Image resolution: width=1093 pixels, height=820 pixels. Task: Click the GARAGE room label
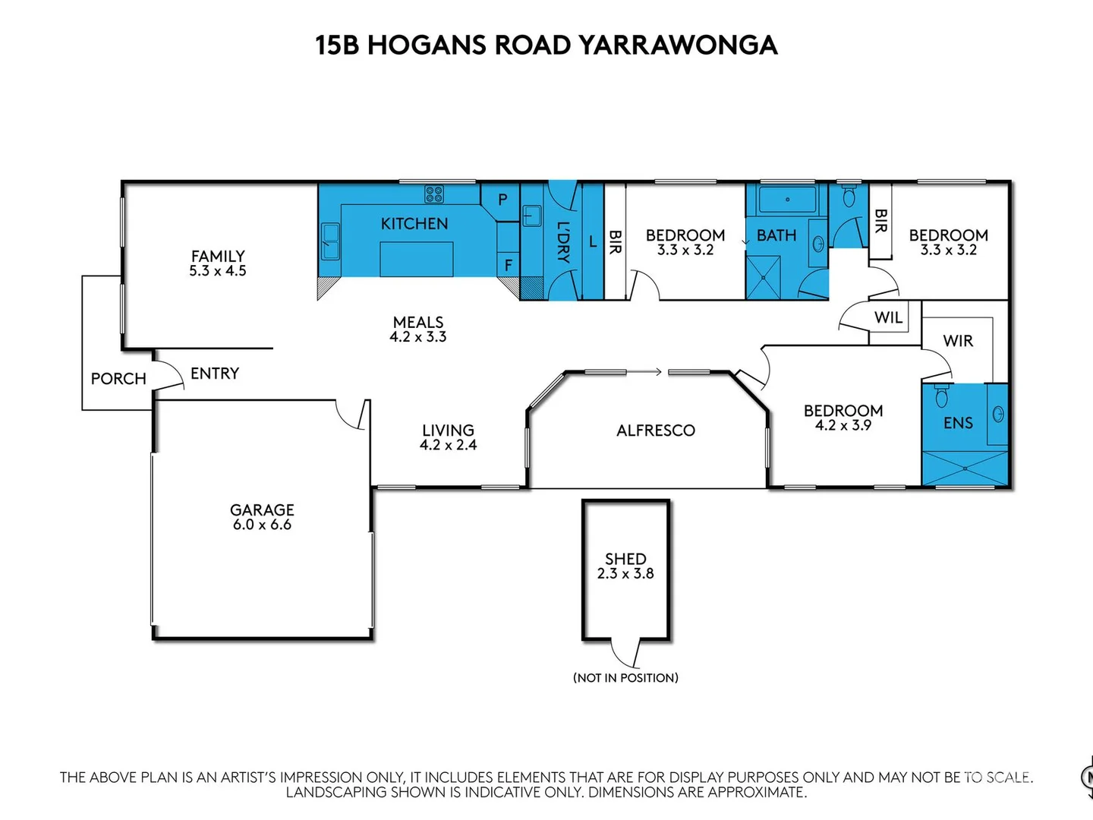pyautogui.click(x=262, y=510)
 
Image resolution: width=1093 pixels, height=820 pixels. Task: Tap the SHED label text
pyautogui.click(x=625, y=559)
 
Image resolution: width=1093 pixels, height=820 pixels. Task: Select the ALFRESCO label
pyautogui.click(x=656, y=430)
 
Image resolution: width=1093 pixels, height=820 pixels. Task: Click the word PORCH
pyautogui.click(x=118, y=379)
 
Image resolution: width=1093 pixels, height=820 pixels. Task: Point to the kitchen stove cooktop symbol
pyautogui.click(x=433, y=194)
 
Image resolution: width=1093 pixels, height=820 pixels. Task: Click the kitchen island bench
pyautogui.click(x=416, y=259)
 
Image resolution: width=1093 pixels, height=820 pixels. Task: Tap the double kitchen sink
pyautogui.click(x=330, y=241)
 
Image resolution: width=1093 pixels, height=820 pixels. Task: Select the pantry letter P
pyautogui.click(x=502, y=200)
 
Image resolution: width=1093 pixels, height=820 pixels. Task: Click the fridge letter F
pyautogui.click(x=509, y=265)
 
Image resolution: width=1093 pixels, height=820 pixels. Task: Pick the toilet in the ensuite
pyautogui.click(x=942, y=396)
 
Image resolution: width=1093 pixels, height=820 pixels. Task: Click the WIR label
pyautogui.click(x=958, y=341)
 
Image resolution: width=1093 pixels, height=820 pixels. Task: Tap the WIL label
pyautogui.click(x=888, y=317)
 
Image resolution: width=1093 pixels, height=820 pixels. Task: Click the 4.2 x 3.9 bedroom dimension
pyautogui.click(x=843, y=426)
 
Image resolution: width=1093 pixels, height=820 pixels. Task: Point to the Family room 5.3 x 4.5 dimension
pyautogui.click(x=218, y=271)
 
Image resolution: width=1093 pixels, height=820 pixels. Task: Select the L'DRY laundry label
pyautogui.click(x=562, y=241)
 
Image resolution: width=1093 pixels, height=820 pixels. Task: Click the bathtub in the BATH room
pyautogui.click(x=787, y=200)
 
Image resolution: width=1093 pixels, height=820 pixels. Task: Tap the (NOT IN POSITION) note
pyautogui.click(x=625, y=677)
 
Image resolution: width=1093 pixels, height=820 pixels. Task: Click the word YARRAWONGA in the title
pyautogui.click(x=678, y=45)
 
